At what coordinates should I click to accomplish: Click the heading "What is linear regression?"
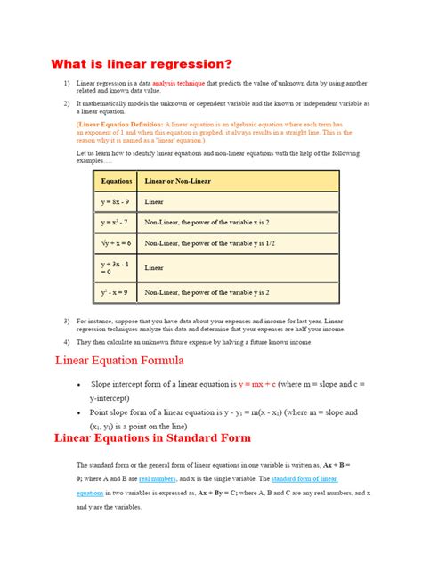tap(142, 64)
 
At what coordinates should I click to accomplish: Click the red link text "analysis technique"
tap(177, 83)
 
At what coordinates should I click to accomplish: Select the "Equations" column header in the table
tap(117, 181)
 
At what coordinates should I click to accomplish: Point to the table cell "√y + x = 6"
tap(117, 243)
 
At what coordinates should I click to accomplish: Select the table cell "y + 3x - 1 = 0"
tap(116, 267)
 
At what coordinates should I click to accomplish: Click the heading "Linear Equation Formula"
tap(119, 361)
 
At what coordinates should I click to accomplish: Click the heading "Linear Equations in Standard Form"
tap(153, 438)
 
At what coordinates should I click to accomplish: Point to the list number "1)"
tap(66, 83)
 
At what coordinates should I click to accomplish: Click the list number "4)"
tap(66, 341)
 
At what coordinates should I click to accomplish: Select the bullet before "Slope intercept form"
tap(81, 384)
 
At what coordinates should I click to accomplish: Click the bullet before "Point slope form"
tap(81, 413)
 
